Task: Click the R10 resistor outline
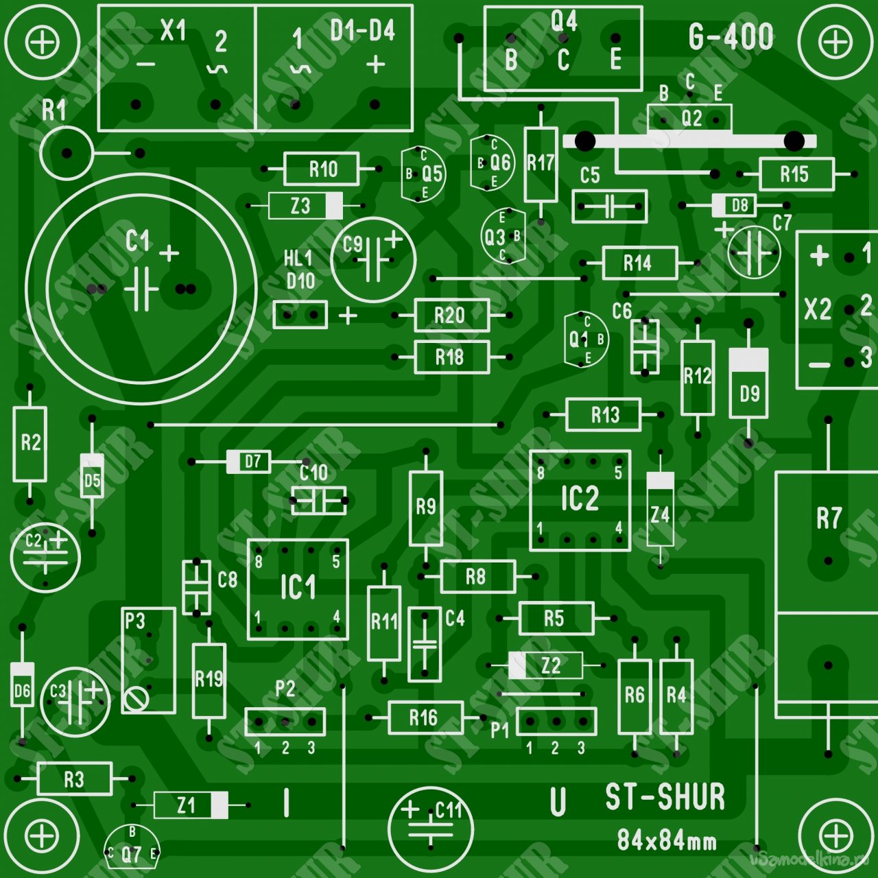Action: (321, 169)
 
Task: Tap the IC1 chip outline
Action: (298, 589)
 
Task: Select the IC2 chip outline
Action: (580, 500)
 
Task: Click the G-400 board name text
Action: (731, 37)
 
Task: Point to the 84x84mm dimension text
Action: (666, 840)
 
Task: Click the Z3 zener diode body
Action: (305, 206)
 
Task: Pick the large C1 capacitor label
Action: (138, 241)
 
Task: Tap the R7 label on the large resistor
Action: (829, 518)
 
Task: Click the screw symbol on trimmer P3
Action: (136, 699)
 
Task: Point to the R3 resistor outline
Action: (74, 779)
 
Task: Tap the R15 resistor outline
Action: (796, 174)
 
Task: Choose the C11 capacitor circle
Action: (431, 828)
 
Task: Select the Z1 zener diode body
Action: (191, 805)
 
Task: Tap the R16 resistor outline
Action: (425, 718)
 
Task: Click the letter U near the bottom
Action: (558, 802)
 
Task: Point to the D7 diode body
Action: (249, 462)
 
